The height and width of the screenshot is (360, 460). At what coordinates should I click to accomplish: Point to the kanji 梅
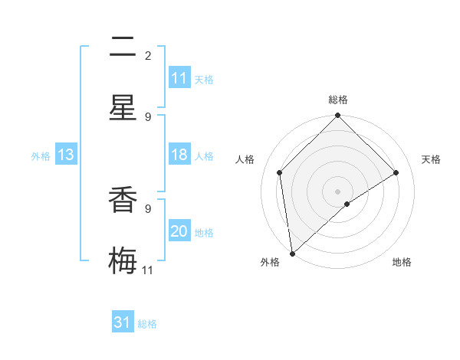coord(123,259)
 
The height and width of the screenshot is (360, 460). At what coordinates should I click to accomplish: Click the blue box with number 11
coord(179,78)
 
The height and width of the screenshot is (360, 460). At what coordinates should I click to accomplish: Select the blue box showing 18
coord(179,155)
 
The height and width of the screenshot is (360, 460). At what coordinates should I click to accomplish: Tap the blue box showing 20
coord(179,232)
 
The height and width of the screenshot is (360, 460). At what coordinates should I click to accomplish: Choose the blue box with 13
coord(65,155)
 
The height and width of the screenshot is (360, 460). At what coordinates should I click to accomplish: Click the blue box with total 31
coord(123,323)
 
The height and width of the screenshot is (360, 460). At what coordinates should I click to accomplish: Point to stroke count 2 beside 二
coord(148,55)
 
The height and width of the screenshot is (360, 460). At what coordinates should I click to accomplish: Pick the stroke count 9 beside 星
coord(148,116)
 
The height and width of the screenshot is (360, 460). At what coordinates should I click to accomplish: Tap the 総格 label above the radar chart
coord(338,100)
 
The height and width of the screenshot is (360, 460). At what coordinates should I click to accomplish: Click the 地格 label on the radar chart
coord(402,262)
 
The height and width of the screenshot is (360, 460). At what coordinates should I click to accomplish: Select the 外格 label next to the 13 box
coord(41,156)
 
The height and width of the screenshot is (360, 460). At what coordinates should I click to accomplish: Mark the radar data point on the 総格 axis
coord(338,116)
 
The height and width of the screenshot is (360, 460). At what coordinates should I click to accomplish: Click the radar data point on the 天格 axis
coord(396,172)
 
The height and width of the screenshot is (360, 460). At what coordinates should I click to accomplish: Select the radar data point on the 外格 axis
coord(292,254)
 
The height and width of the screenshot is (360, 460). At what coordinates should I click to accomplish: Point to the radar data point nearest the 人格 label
coord(280,172)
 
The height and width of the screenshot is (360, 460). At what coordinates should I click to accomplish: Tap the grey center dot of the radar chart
coord(338,191)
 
